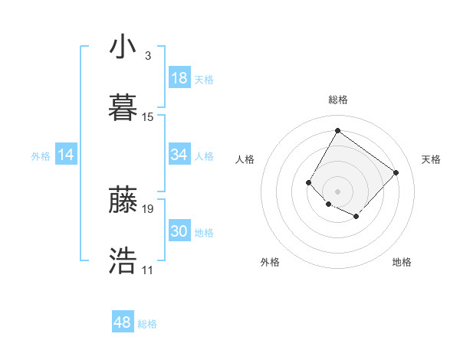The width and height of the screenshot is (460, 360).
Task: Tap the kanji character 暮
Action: click(x=123, y=108)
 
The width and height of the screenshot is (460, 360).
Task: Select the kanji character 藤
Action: click(x=123, y=200)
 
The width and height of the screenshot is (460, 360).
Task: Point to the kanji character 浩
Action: click(x=123, y=261)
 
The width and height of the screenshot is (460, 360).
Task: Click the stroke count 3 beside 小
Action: click(x=147, y=56)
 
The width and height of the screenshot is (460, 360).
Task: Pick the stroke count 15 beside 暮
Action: click(x=148, y=117)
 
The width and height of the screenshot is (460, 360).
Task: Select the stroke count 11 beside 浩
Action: click(x=147, y=270)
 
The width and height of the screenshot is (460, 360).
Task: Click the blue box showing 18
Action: click(x=179, y=78)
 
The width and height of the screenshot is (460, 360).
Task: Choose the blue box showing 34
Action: click(x=179, y=155)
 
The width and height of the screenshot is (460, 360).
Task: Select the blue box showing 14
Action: click(x=66, y=155)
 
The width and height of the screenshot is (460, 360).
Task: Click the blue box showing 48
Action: click(x=123, y=322)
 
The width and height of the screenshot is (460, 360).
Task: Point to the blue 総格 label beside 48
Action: click(x=147, y=324)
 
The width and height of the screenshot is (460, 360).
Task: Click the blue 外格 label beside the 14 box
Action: click(x=41, y=156)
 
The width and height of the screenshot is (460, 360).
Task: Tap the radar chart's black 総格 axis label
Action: click(x=337, y=100)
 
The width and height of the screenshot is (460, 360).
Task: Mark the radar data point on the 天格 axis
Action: click(x=396, y=172)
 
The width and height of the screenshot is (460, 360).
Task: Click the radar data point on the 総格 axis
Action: click(x=337, y=130)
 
